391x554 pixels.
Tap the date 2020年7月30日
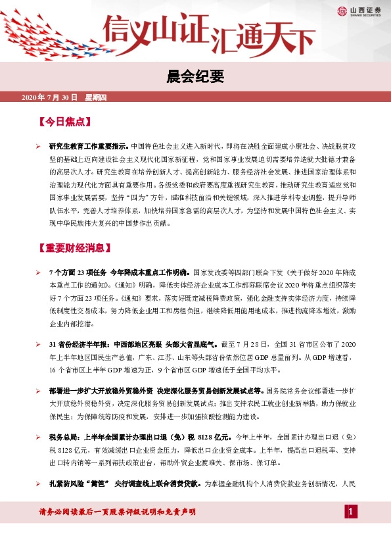tap(49, 98)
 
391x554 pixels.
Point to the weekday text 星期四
tap(100, 98)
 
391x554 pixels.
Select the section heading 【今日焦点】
tap(64, 122)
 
